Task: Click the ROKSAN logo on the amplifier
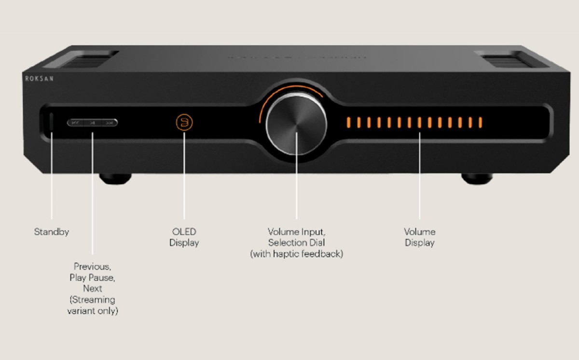39,79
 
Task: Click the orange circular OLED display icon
184,122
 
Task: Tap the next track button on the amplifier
109,123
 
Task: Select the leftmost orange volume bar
348,123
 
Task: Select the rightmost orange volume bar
480,123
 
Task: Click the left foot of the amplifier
115,179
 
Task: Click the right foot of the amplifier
477,179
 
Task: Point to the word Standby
52,232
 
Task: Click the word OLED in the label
184,231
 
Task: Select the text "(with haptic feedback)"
296,254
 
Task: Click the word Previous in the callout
92,266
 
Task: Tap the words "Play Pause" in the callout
92,277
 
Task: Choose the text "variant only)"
93,311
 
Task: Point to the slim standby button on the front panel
51,122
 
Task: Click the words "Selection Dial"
296,243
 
